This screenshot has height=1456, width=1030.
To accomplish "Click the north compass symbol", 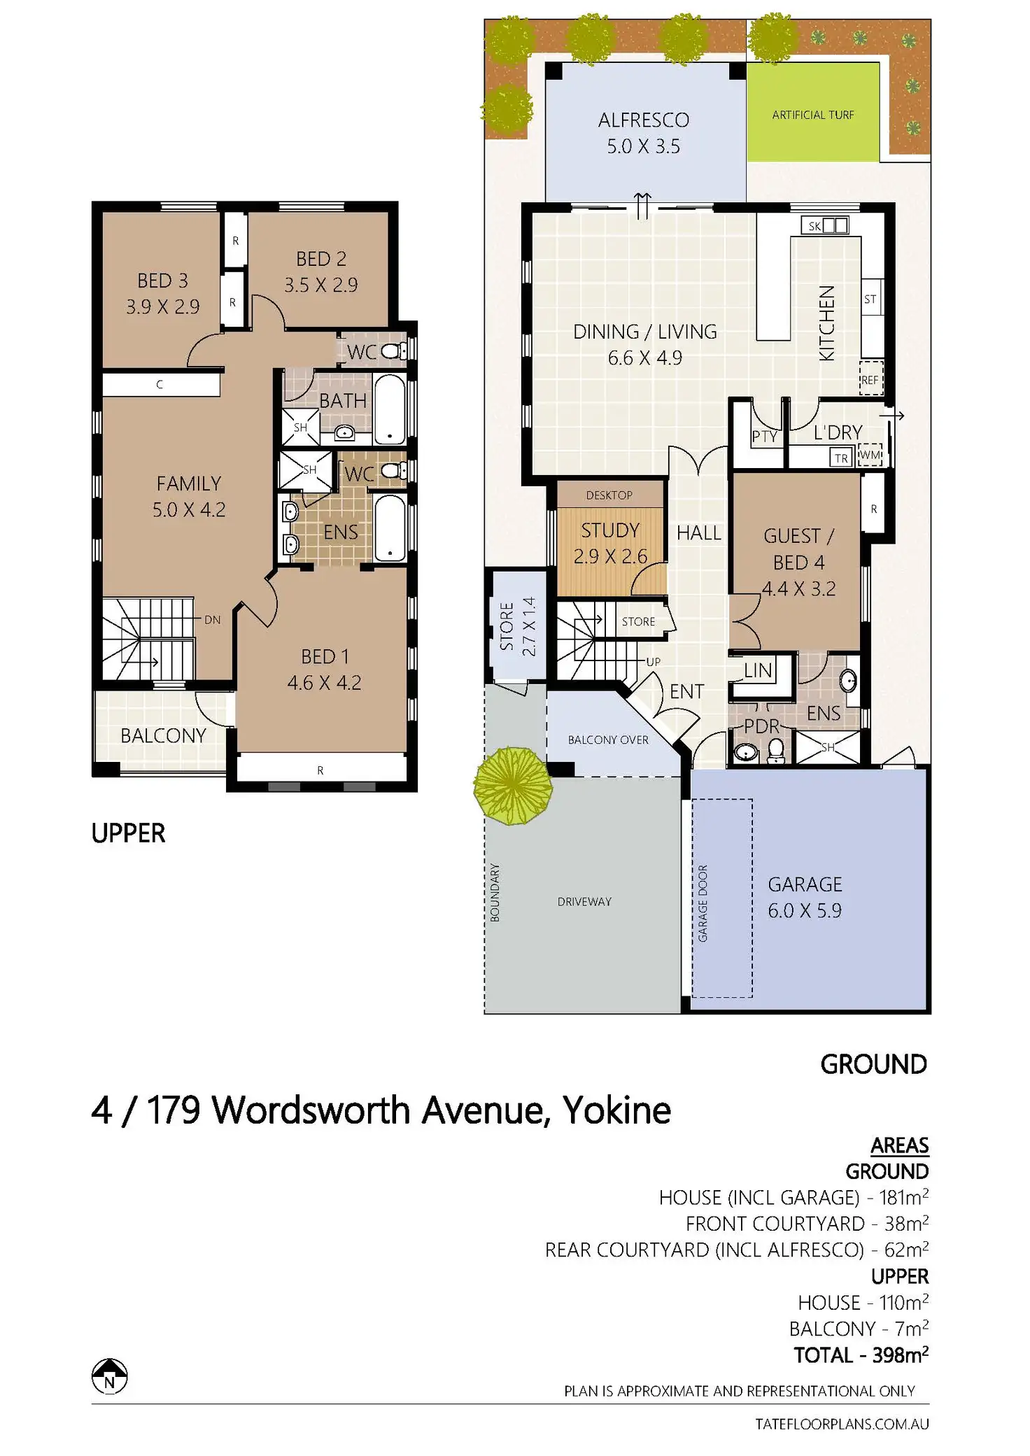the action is click(110, 1376).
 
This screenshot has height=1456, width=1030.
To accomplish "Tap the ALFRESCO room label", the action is click(643, 120).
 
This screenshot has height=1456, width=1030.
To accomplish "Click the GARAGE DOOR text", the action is click(703, 903).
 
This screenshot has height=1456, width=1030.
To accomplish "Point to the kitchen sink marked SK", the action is click(824, 225).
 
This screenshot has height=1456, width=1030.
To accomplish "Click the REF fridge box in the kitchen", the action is click(870, 379).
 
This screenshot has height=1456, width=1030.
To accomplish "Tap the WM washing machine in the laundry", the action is click(870, 455).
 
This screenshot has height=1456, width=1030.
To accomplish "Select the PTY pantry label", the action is click(764, 437).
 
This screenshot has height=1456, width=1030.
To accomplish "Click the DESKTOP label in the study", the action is click(609, 495).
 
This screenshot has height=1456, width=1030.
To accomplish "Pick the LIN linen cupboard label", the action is click(758, 671).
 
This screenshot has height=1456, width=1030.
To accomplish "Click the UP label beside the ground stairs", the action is click(653, 661).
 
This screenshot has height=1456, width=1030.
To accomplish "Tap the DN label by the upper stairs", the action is click(213, 620).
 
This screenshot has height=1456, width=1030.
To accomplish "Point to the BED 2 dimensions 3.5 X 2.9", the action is click(320, 285).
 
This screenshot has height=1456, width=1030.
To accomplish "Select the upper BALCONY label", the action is click(163, 735).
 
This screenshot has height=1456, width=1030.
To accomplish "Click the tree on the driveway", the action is click(513, 786).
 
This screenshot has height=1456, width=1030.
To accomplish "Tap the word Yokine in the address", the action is click(616, 1110).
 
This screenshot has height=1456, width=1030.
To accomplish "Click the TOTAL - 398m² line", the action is click(861, 1355).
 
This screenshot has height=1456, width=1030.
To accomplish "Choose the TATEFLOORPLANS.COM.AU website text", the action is click(842, 1424).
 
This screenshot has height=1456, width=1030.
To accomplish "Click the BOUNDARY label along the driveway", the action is click(495, 892).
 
